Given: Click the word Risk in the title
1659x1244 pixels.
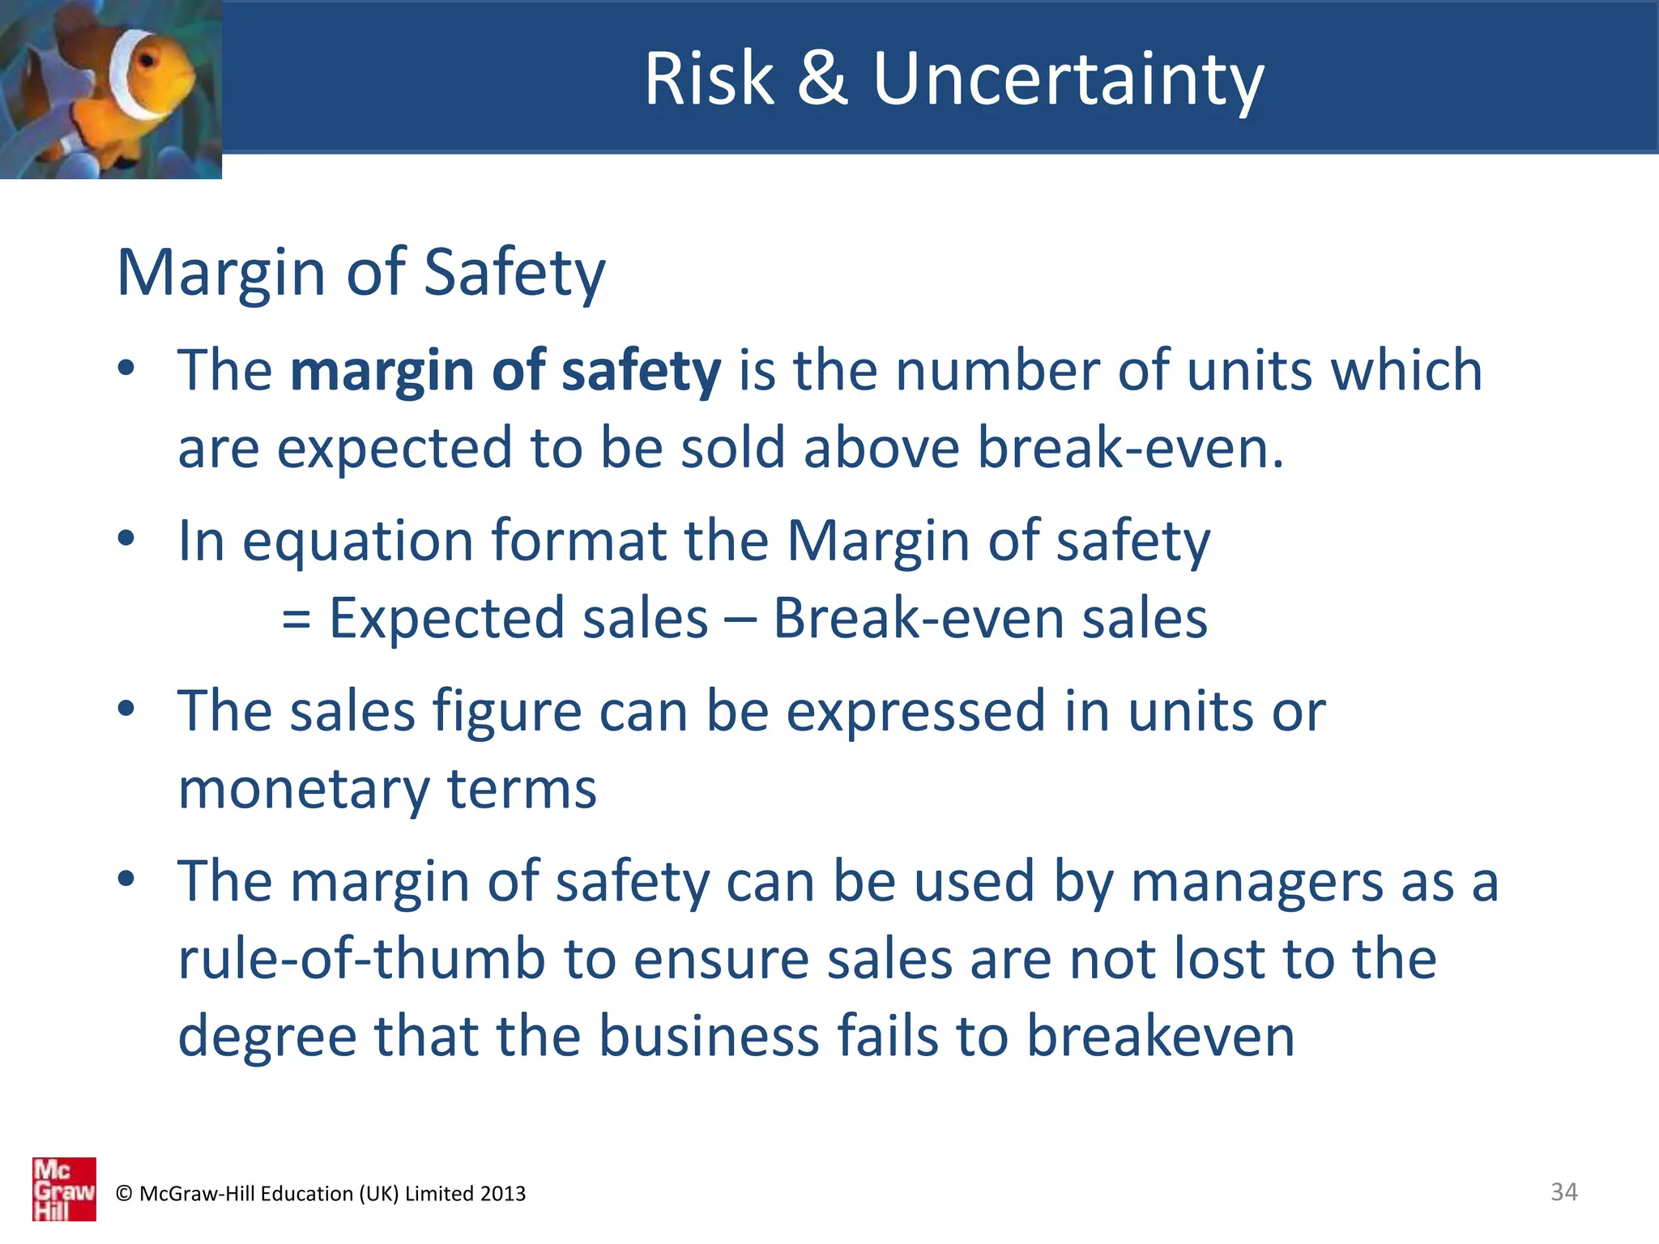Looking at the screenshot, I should click(x=709, y=79).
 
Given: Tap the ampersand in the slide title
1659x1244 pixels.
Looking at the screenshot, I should click(x=822, y=79).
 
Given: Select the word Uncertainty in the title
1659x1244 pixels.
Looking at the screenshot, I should click(x=1068, y=80).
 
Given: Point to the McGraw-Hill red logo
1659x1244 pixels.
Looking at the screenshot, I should click(x=64, y=1189).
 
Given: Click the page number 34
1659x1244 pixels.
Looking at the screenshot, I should click(x=1563, y=1191).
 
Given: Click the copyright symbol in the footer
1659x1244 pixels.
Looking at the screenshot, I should click(x=124, y=1194).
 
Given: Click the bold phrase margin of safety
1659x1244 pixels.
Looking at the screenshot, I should click(x=505, y=370).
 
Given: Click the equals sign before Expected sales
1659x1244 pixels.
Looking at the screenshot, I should click(x=296, y=620).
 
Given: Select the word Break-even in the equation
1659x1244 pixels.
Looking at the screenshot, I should click(x=918, y=618).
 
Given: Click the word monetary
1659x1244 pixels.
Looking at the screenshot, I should click(x=303, y=790).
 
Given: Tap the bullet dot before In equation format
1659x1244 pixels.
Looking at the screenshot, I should click(x=126, y=538).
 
